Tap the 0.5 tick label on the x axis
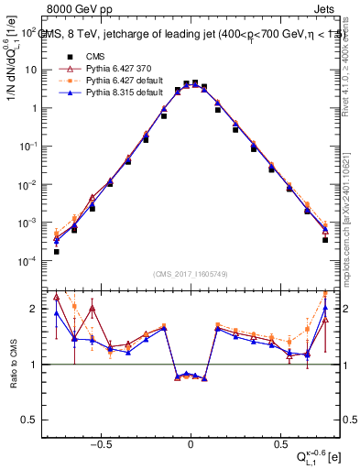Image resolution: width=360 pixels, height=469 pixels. (278, 441)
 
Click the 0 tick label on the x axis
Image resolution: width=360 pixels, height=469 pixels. (191, 441)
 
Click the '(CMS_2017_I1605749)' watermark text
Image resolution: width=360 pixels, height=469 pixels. (191, 274)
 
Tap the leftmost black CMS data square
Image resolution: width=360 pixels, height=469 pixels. (56, 252)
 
